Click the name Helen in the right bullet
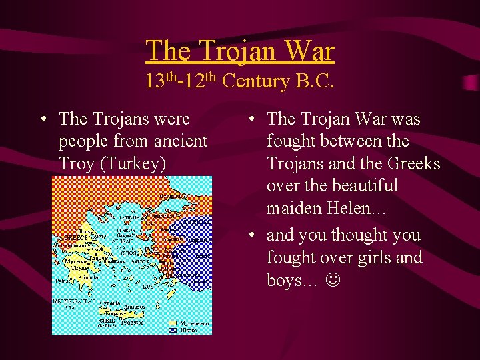347,209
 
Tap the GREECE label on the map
75,237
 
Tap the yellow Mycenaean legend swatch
172,323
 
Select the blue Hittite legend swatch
172,329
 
